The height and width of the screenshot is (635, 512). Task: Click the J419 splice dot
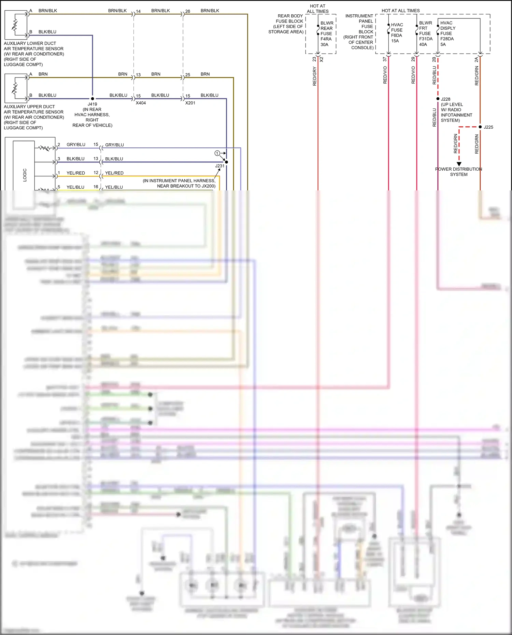click(93, 99)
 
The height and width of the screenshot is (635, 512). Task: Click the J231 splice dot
click(226, 162)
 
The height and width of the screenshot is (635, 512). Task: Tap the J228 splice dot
click(438, 99)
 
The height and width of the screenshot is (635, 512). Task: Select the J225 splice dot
click(480, 127)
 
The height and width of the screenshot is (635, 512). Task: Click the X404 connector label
click(141, 103)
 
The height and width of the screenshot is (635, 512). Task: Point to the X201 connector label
click(190, 103)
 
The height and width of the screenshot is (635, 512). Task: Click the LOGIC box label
click(25, 175)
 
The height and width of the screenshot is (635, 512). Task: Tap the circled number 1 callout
click(217, 153)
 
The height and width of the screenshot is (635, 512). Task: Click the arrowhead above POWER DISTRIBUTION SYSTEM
click(459, 164)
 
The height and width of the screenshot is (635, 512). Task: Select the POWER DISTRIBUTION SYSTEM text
click(458, 172)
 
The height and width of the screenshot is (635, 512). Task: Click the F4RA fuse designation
click(326, 39)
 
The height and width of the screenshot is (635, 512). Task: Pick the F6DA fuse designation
click(396, 35)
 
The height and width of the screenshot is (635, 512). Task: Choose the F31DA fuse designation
click(426, 39)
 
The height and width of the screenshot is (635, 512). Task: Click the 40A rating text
click(423, 44)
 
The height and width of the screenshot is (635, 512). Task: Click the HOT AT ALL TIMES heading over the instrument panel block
click(400, 11)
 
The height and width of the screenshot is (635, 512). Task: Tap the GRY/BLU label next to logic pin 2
click(76, 145)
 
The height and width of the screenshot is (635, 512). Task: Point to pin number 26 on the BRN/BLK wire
click(188, 11)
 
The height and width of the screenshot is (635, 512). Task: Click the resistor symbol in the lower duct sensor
click(15, 25)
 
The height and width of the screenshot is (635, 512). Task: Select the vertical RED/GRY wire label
click(314, 76)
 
